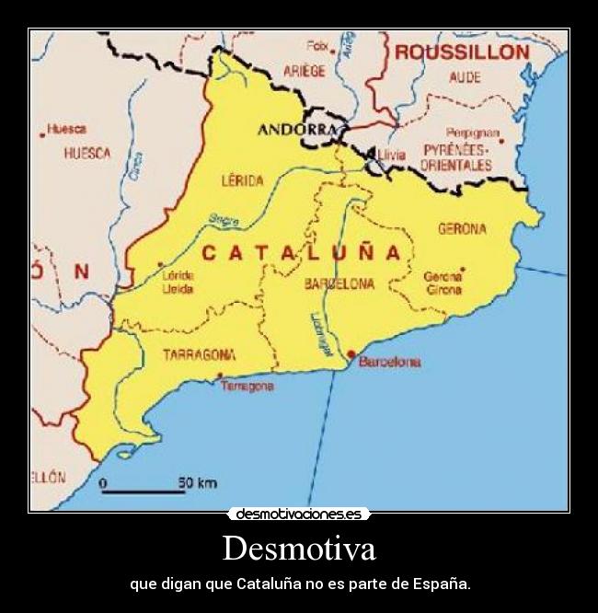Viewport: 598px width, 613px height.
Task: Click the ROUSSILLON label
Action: point(462,52)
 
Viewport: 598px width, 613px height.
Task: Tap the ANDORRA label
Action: point(296,130)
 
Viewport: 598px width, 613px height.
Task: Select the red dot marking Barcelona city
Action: point(351,353)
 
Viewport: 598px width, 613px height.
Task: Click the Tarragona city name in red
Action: point(247,387)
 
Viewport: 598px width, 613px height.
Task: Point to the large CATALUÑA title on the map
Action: point(301,252)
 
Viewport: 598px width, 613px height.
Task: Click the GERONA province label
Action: point(462,228)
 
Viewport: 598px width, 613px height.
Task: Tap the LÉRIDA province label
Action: point(243,180)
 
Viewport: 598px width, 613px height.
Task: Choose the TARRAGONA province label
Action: point(198,354)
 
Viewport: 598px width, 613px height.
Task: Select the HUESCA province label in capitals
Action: point(87,154)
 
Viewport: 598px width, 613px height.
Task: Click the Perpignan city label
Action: point(472,133)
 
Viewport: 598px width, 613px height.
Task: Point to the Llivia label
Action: point(391,155)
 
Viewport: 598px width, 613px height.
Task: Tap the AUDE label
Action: point(465,77)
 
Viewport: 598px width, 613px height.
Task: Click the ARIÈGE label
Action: point(305,71)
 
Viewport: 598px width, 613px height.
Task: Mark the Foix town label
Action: point(317,44)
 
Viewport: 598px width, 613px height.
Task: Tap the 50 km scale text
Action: point(197,481)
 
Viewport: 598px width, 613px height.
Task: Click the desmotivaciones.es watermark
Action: point(299,514)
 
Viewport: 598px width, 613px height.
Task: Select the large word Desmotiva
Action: point(299,549)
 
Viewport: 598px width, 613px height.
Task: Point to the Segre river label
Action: point(224,219)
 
